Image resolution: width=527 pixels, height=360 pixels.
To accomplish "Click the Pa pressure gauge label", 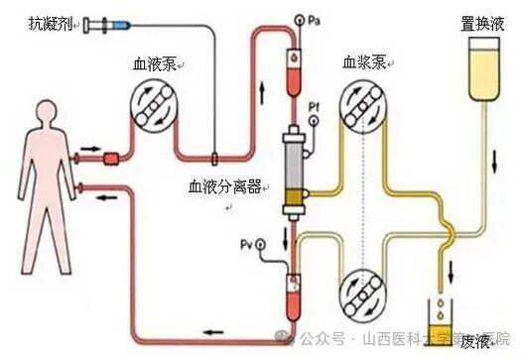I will coord(315,21).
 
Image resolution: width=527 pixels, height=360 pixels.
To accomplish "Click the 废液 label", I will coord(474,339).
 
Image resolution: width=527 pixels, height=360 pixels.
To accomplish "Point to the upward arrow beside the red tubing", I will coord(263,94).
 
